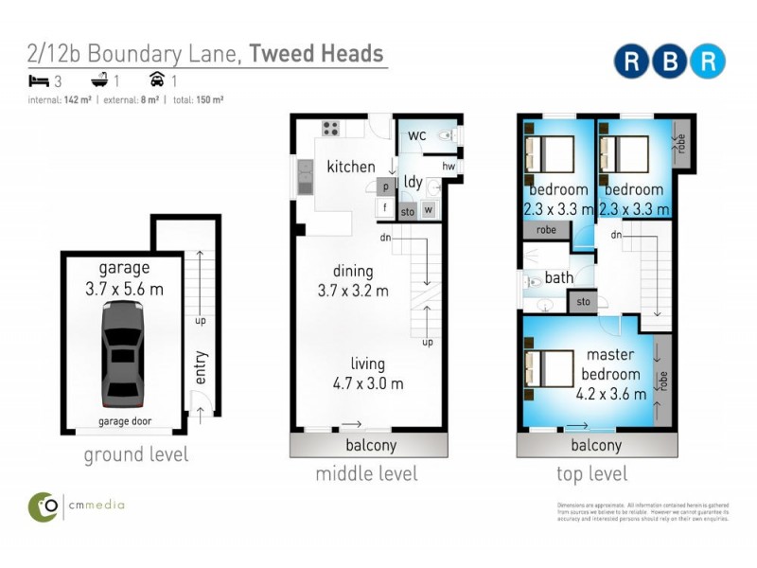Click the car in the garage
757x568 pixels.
122,353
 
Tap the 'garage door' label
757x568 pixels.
125,421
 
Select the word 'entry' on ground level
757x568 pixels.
201,368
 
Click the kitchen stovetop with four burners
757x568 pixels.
330,129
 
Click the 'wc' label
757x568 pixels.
417,135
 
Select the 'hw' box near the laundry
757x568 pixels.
449,168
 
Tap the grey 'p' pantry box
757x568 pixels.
386,186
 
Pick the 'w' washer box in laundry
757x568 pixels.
429,210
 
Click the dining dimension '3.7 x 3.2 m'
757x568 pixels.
353,291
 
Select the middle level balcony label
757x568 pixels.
366,446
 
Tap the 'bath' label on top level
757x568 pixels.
559,278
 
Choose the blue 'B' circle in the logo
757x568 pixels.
669,61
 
